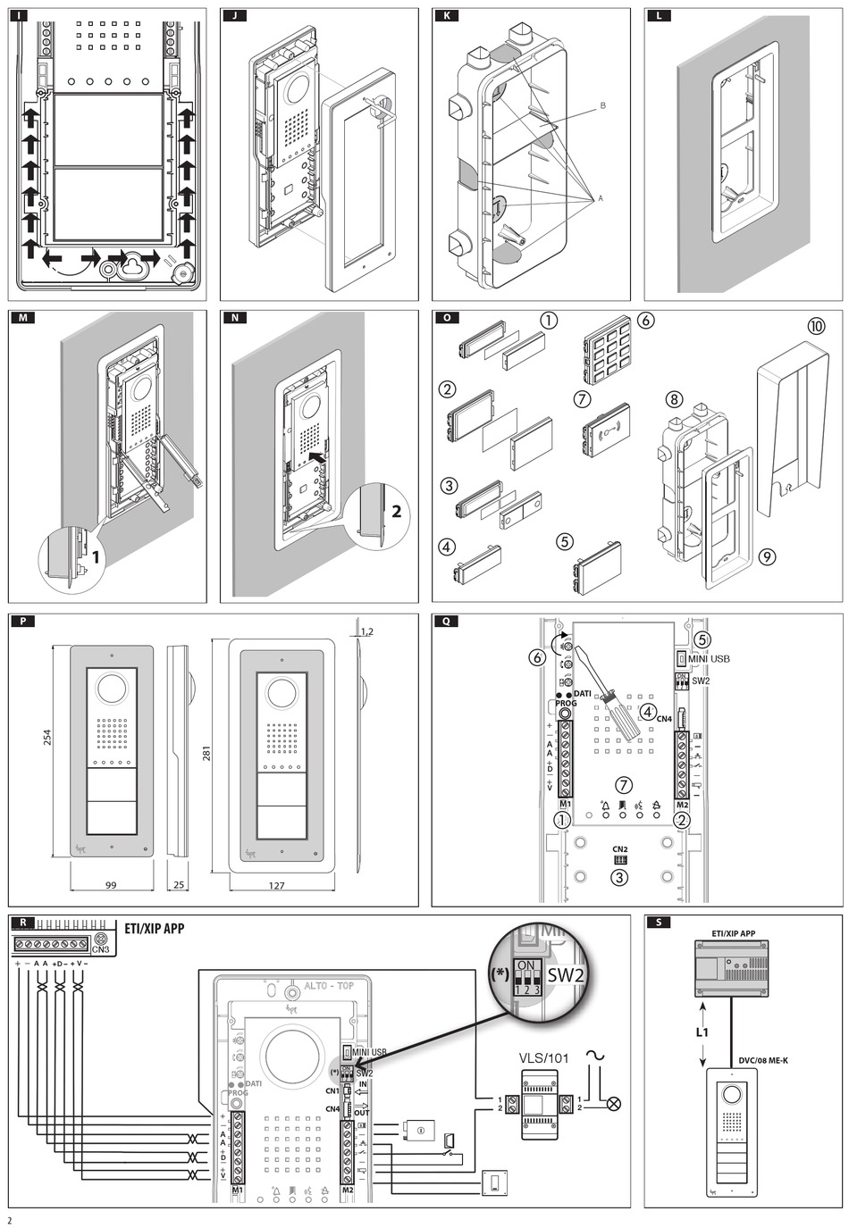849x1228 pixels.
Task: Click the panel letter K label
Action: click(446, 16)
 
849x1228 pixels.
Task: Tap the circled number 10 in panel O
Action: click(816, 326)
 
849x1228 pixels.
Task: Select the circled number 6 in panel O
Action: click(645, 320)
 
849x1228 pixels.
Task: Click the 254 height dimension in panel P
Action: click(48, 737)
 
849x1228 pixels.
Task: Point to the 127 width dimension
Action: click(276, 885)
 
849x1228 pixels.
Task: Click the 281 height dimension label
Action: click(207, 755)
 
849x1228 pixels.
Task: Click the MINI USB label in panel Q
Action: click(710, 658)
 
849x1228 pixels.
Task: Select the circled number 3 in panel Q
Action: click(619, 876)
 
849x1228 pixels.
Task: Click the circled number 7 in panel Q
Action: click(624, 785)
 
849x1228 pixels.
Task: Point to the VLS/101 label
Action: click(544, 1058)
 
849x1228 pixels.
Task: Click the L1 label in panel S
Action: click(702, 1032)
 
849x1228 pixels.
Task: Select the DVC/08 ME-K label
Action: click(762, 1061)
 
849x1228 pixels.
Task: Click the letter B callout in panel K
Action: click(602, 105)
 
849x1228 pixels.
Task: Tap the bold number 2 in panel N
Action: click(396, 512)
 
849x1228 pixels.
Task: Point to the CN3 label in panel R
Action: click(101, 949)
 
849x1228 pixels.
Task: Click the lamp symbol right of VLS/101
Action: click(614, 1103)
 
